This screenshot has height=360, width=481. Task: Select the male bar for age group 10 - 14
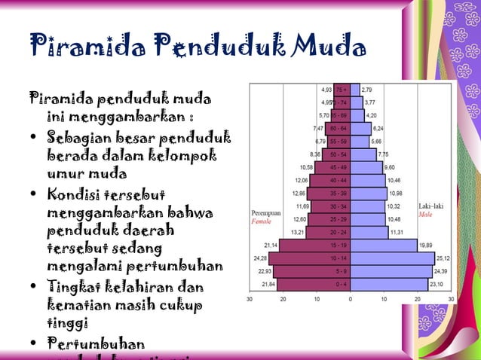(x=392, y=258)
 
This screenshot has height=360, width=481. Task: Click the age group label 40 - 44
(x=339, y=180)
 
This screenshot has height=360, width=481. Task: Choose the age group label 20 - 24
(x=339, y=232)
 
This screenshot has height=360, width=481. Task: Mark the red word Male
(x=427, y=215)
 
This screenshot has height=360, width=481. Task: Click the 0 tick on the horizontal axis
(x=350, y=300)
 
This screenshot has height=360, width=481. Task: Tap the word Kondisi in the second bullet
(x=75, y=198)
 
